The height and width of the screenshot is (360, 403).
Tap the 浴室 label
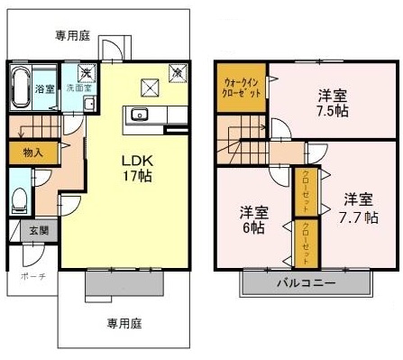point(44,89)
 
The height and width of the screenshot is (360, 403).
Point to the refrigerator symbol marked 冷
point(177,70)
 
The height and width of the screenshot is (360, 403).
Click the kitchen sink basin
point(140,115)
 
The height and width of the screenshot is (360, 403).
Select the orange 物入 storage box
point(32,153)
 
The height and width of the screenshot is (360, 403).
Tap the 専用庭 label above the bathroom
point(72,36)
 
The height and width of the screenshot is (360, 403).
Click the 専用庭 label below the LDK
point(125,322)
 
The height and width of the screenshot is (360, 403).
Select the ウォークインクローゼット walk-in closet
point(242,88)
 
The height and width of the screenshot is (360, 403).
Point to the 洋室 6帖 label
point(252,221)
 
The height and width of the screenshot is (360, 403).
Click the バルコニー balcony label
point(307,282)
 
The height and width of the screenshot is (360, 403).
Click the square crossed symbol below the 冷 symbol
point(151,87)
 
